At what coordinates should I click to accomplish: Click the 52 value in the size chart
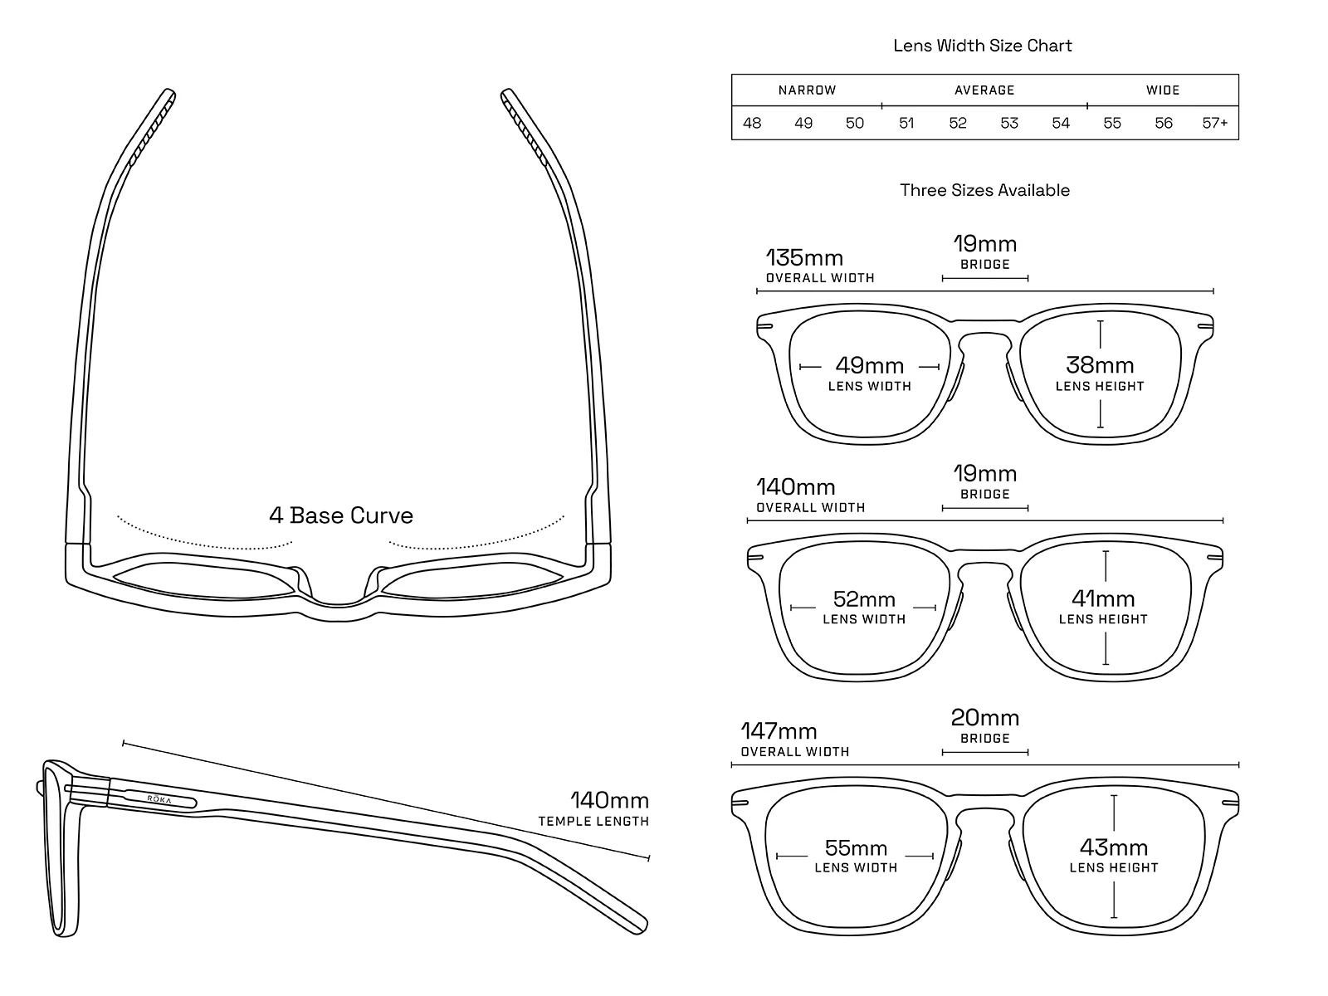coord(958,123)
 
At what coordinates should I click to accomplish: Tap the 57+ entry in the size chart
coord(1215,123)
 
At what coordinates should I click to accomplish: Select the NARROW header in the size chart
coord(807,90)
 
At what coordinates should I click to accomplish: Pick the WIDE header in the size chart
coord(1163,90)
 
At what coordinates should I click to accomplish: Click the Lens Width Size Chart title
coord(983,46)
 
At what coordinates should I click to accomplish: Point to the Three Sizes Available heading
coord(984,190)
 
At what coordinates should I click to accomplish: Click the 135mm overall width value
coord(804,257)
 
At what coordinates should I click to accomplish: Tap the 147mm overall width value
coord(779,731)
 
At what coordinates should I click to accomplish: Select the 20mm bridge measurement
coord(985,717)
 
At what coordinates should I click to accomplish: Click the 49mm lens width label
coord(869,365)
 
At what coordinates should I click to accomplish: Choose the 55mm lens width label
coord(856,847)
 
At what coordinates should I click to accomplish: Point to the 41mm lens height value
coord(1103,598)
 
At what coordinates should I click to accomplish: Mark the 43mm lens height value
coord(1114,847)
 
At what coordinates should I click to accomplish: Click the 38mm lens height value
coord(1100,365)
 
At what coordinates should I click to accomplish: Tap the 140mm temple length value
coord(609,801)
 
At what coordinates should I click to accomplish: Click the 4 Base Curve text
coord(341,515)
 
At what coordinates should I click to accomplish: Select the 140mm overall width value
coord(795,487)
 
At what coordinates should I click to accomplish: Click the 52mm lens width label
coord(864,599)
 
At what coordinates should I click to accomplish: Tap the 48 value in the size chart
coord(752,123)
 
